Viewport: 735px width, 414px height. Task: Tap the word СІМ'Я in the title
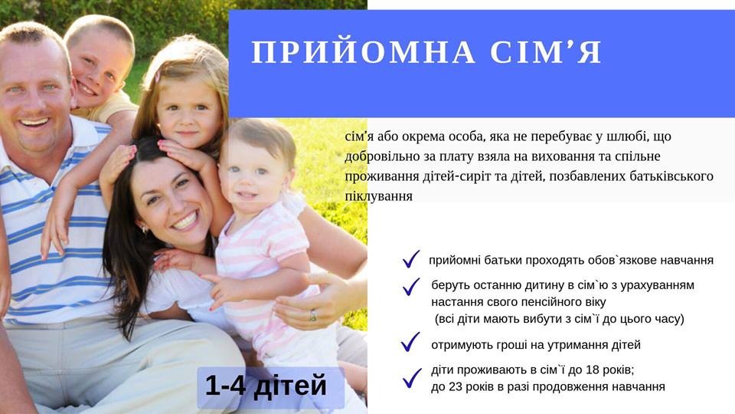pos(546,52)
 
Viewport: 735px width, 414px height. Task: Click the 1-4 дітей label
pos(266,386)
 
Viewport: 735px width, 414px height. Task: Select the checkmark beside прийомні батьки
pos(410,259)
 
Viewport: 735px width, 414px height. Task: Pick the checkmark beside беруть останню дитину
pos(410,286)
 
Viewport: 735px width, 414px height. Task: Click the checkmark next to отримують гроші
pos(410,342)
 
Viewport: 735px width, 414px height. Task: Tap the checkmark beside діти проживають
pos(412,378)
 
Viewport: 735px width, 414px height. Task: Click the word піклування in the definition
pos(379,196)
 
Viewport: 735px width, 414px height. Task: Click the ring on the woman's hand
pos(312,315)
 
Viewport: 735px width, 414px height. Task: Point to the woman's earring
pos(145,229)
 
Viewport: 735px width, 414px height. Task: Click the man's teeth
pos(34,122)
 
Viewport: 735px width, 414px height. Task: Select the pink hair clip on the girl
pos(158,77)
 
